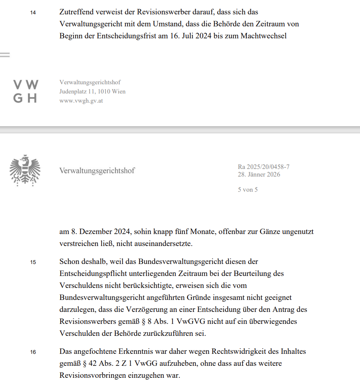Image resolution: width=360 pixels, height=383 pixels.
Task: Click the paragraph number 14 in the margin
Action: [33, 13]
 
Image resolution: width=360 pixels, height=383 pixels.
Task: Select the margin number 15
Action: [33, 262]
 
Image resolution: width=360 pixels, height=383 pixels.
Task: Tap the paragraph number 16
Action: [33, 352]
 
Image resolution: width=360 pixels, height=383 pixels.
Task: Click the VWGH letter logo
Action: [26, 91]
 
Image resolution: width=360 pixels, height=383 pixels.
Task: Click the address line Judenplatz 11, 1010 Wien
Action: [92, 91]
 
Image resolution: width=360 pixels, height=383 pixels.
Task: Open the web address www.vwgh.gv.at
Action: [81, 101]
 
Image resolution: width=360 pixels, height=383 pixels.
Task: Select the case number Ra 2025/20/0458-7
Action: [263, 167]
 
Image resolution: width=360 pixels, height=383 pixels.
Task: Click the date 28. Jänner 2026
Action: [259, 175]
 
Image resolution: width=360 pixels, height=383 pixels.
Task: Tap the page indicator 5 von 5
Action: [248, 190]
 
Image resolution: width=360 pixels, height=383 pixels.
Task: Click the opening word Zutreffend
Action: [78, 12]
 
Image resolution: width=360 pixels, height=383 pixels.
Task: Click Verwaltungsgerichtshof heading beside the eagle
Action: [97, 171]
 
